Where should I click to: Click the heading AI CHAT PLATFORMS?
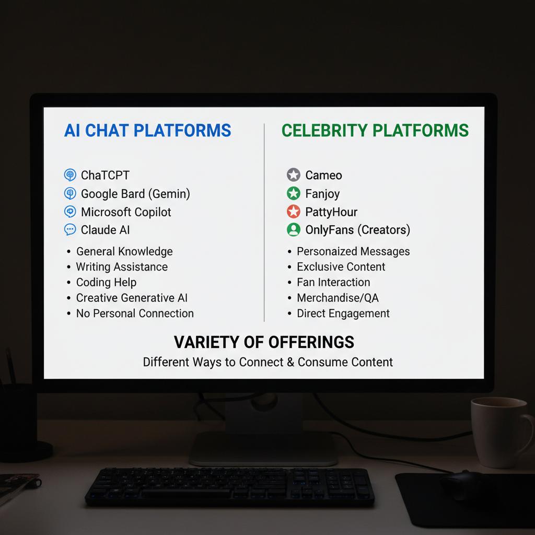147,130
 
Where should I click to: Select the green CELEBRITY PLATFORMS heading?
375,130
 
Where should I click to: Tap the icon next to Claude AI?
70,230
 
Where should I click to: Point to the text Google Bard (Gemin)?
135,194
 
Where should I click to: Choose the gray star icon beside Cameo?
294,175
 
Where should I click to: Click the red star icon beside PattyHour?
294,212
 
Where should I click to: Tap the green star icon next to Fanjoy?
294,193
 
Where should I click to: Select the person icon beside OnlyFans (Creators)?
294,230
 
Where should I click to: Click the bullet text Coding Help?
106,283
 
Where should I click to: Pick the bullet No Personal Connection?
135,313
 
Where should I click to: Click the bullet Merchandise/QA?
338,298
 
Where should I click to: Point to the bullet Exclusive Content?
341,267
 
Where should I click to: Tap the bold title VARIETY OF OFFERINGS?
264,342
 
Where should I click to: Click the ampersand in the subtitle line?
290,362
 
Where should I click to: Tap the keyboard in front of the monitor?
230,487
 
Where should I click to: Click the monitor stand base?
263,449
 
